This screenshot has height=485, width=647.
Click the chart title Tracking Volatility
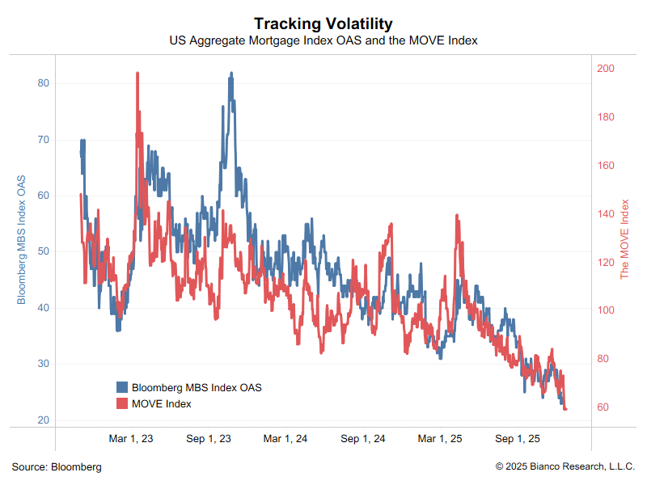[x=323, y=23]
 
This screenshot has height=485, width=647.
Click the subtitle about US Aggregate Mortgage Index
[x=323, y=40]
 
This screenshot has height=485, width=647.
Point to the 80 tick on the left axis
[x=44, y=83]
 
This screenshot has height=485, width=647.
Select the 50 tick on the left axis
[x=44, y=251]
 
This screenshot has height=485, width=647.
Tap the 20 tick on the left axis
[x=44, y=420]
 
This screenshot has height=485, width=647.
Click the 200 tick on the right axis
[x=605, y=69]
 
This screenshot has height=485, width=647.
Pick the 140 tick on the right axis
[x=605, y=214]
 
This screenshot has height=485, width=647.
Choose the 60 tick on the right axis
[x=603, y=407]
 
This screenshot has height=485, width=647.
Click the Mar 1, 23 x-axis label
[x=131, y=439]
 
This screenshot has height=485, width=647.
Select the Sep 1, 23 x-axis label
[x=209, y=439]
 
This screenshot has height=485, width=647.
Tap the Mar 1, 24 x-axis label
[x=285, y=439]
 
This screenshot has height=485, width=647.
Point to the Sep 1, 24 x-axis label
[x=362, y=439]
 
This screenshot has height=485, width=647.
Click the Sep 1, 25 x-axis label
[x=517, y=439]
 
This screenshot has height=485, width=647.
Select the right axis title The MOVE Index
[x=624, y=239]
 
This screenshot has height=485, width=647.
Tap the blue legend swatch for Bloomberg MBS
[x=122, y=387]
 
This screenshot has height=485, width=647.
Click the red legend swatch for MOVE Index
[x=122, y=403]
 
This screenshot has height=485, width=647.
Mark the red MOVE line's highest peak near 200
[x=137, y=73]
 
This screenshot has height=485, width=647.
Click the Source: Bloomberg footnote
[x=57, y=467]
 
